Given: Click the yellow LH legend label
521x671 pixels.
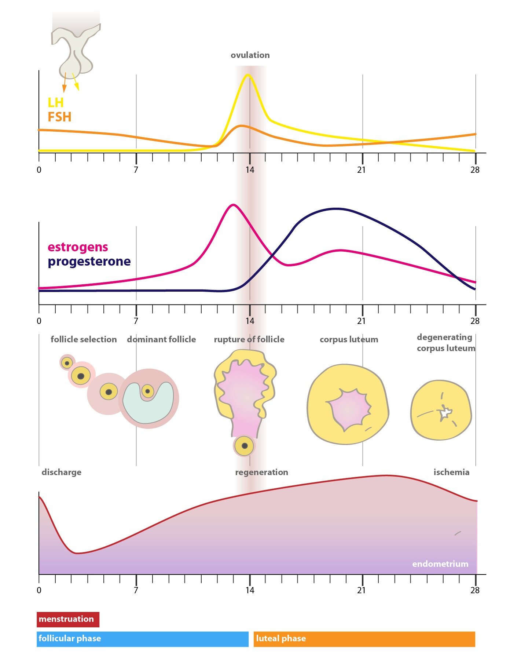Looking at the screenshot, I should point(56,102).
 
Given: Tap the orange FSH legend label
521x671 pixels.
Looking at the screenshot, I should point(59,117).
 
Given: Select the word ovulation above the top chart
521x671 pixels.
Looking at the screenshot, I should point(250,55).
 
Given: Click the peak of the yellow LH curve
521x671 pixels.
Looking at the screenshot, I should point(248,75).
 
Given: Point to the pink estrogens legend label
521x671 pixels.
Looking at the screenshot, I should point(78,247).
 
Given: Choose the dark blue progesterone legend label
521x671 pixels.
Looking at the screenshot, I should point(89,261).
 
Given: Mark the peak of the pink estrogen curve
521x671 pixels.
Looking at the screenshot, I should point(233,205).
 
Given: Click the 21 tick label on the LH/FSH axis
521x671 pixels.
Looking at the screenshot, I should point(362,170).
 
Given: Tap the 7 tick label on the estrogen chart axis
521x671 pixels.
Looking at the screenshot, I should point(136,321).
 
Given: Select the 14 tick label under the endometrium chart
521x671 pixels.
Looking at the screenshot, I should point(250,590).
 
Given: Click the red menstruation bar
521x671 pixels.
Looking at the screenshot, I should point(68,619).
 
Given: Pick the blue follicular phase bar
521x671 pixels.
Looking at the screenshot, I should point(142,639).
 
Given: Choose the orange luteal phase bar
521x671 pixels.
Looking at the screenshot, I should point(364,639).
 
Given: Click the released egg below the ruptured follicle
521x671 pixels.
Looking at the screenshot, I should point(244,446).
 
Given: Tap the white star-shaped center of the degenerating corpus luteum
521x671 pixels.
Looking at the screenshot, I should point(445,413).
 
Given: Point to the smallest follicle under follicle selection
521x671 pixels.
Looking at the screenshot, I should point(67,363).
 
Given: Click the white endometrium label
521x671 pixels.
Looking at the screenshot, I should point(440,564).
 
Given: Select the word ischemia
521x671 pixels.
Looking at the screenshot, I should point(451,472).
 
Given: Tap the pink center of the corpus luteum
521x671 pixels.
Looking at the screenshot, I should point(348,409).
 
